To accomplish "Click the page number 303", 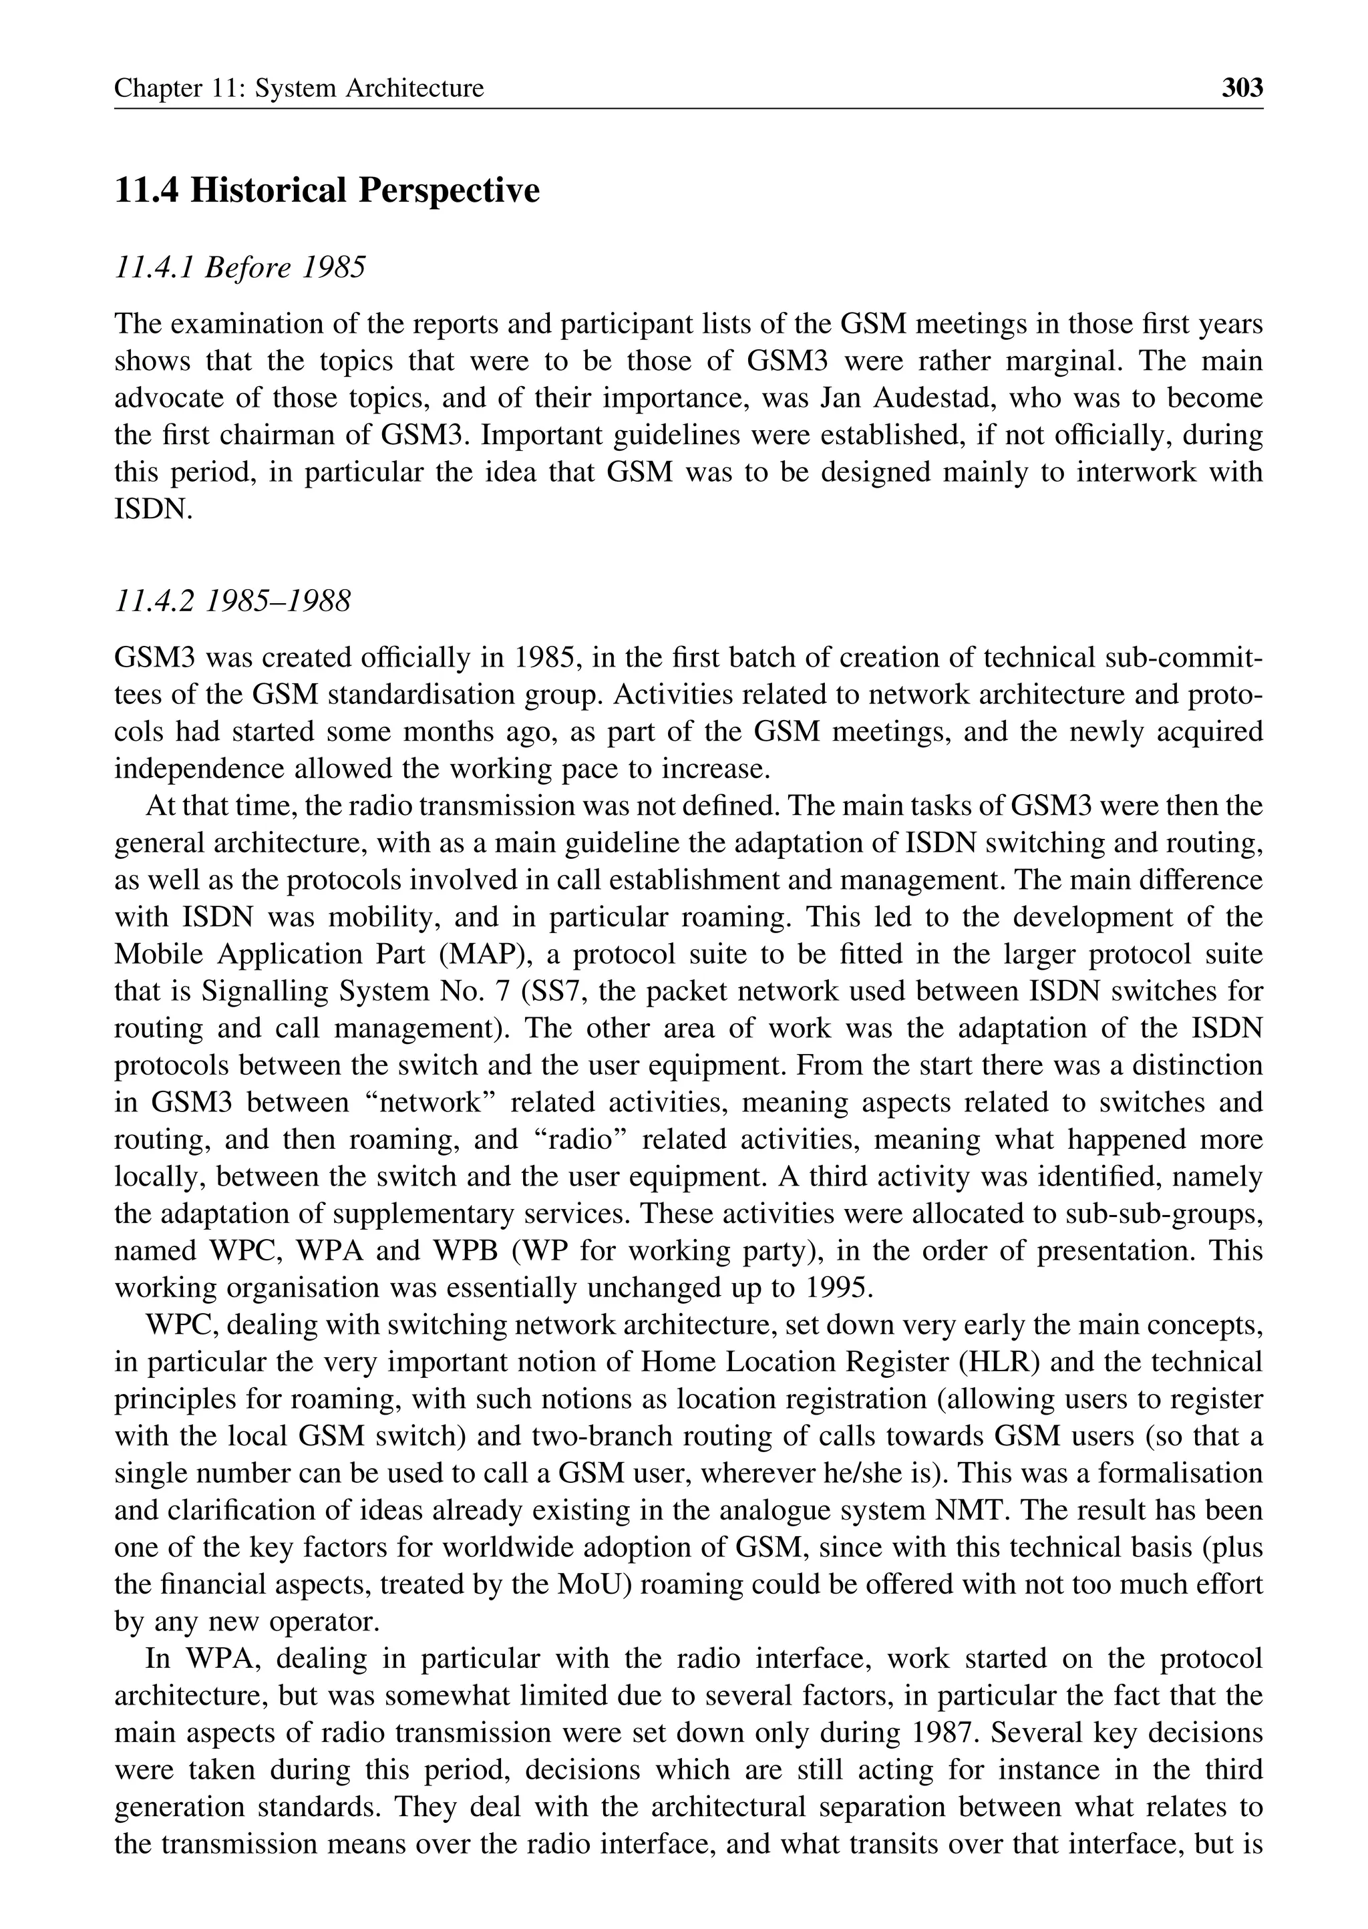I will point(1242,87).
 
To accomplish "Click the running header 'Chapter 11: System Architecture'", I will point(299,88).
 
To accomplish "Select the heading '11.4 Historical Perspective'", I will point(327,190).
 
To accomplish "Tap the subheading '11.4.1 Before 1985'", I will point(240,268).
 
